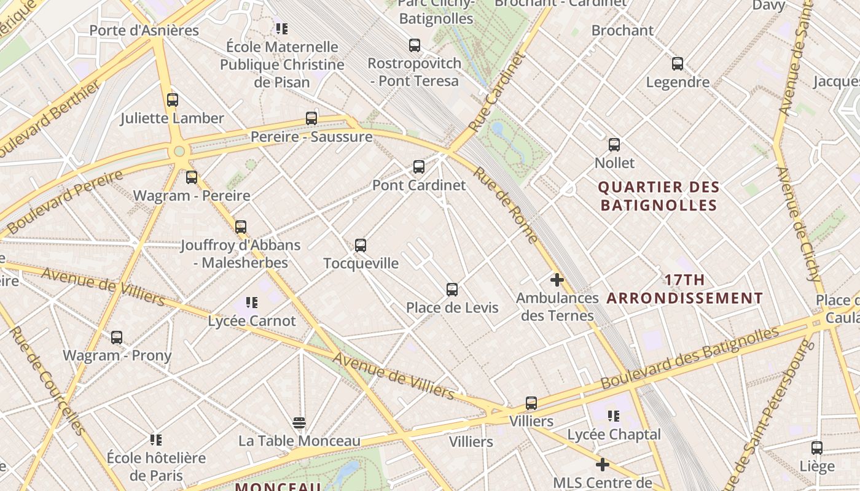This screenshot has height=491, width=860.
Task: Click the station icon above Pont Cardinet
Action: coord(419,166)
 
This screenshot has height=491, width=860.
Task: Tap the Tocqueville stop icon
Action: coord(361,245)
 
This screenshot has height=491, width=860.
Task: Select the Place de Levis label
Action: coord(452,307)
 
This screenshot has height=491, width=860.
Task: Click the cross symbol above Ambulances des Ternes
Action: coord(557,280)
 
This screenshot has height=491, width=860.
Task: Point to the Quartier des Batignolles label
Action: coord(659,196)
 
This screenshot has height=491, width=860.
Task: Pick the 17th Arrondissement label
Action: coord(685,289)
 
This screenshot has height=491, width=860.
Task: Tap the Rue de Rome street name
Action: coord(506,206)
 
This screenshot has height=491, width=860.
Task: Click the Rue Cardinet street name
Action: coord(498,91)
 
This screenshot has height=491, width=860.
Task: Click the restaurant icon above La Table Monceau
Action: coord(299,423)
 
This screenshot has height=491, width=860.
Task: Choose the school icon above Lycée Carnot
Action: coord(252,303)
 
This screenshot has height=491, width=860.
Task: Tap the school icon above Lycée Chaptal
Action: coord(614,417)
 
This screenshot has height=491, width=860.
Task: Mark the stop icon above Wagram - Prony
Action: coord(117,338)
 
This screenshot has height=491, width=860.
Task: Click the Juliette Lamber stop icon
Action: coord(173,100)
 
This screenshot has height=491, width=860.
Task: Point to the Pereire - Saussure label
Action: coord(311,136)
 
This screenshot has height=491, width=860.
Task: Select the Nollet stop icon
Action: coord(614,145)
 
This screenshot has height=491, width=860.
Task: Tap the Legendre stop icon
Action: coord(678,64)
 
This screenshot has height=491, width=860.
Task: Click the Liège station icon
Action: coord(817,448)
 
